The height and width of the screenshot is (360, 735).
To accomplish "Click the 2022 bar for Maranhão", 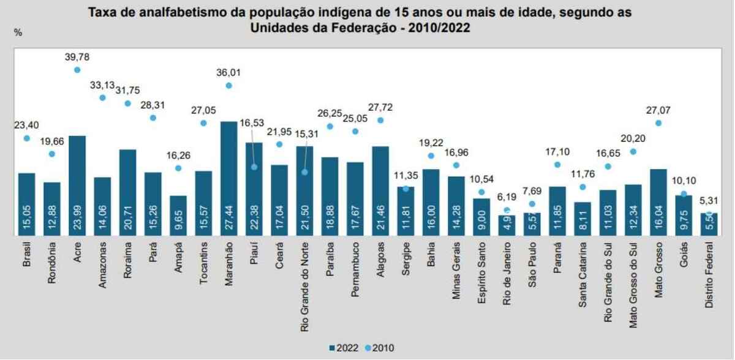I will point(229,178).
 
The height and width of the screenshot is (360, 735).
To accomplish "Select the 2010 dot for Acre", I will point(77,70).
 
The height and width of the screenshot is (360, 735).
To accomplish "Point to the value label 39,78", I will point(77,57).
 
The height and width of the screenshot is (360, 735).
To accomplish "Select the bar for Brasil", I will point(27,204).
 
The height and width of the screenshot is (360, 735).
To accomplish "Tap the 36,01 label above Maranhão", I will point(229,72).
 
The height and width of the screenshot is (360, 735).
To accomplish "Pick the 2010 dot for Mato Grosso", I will point(658,123).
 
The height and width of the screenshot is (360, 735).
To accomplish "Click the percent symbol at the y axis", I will point(18,32).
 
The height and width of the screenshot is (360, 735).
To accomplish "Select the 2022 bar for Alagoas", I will point(380,190).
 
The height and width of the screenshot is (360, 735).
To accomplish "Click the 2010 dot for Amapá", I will point(178,168).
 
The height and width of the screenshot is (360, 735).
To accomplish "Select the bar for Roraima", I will point(127,192).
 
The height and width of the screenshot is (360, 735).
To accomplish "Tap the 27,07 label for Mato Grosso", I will point(658,110).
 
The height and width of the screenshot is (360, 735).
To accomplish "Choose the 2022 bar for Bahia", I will point(431,202).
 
